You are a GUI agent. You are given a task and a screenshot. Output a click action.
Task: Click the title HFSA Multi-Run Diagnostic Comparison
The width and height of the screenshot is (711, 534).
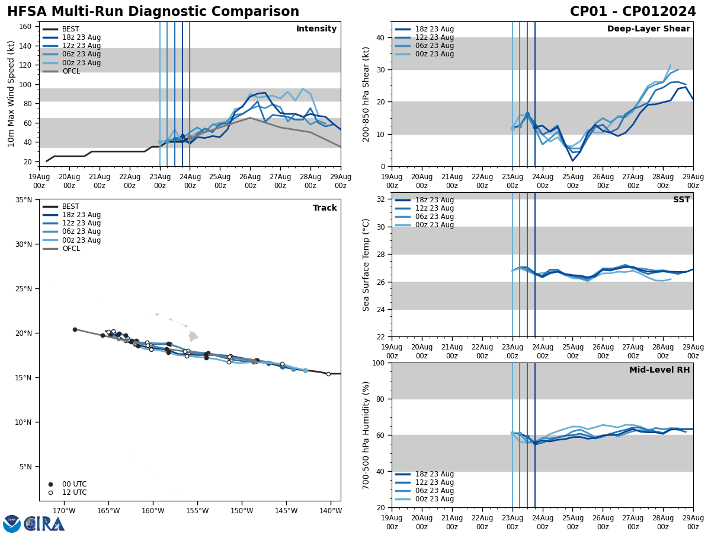153,12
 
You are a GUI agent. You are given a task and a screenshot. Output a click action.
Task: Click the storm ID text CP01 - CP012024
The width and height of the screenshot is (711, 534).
633,12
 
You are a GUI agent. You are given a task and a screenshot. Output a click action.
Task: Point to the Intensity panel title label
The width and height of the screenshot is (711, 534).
316,29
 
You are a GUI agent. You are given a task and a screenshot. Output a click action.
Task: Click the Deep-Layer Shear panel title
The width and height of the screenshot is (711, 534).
648,29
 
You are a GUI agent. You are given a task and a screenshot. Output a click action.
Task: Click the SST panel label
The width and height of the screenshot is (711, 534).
681,200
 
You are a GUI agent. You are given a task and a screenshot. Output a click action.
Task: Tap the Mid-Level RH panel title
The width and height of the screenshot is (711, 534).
659,370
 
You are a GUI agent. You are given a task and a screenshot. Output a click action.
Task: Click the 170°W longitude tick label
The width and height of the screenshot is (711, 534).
63,511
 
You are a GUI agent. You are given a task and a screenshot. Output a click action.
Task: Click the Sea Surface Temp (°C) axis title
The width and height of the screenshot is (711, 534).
366,265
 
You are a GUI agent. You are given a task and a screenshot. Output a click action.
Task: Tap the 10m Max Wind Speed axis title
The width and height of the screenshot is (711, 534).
11,94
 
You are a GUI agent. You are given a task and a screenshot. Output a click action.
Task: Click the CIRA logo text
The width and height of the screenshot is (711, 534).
45,523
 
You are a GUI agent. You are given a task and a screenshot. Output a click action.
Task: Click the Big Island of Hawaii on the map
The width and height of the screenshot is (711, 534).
193,336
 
